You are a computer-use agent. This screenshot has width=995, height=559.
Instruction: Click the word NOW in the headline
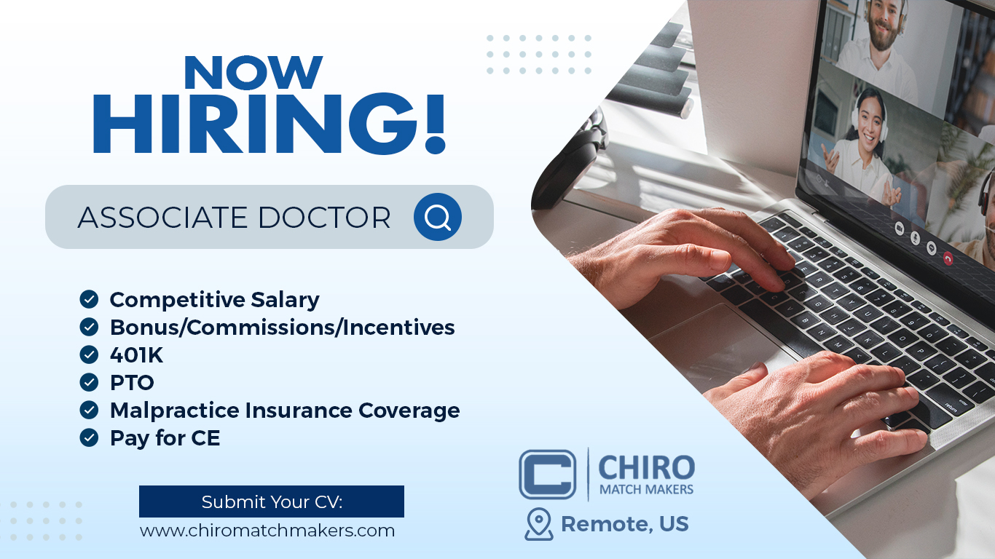click(x=253, y=72)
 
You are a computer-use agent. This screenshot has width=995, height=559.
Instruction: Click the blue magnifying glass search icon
click(x=438, y=217)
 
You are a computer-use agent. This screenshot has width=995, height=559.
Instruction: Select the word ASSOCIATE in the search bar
click(x=162, y=218)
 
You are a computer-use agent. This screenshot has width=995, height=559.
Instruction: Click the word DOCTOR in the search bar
click(x=324, y=218)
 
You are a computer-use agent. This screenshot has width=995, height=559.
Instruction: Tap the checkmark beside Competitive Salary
click(x=89, y=299)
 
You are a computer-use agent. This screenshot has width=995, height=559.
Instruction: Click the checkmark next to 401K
click(x=89, y=354)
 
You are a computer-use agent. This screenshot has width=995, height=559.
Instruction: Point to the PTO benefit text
click(x=132, y=382)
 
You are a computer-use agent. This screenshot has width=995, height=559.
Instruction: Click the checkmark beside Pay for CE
click(x=89, y=437)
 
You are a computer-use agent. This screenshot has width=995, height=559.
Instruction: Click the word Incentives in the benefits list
click(x=398, y=328)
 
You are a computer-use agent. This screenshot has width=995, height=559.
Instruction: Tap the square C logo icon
click(x=548, y=475)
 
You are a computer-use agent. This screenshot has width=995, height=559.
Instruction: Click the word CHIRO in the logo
click(x=647, y=467)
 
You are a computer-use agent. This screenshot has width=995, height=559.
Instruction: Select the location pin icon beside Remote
click(x=539, y=524)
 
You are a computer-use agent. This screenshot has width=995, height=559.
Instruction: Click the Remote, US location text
click(x=624, y=524)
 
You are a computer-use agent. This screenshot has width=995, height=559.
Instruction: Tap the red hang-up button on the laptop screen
click(x=948, y=258)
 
